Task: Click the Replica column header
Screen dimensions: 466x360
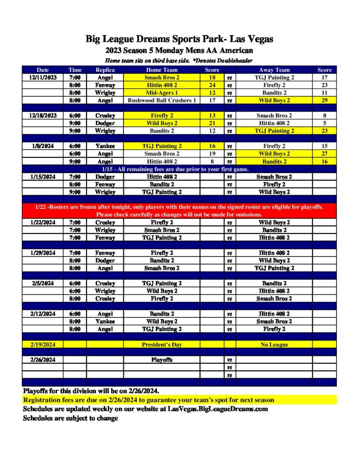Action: (105, 70)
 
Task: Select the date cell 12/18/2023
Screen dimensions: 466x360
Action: (42, 116)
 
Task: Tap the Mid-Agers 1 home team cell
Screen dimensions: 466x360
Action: (162, 93)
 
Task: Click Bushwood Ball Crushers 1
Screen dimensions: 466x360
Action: (162, 100)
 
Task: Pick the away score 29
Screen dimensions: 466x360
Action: (325, 100)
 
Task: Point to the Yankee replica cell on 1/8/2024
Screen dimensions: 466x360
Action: (105, 146)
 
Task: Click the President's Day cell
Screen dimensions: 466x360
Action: (162, 344)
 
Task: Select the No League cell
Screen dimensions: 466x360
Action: (274, 344)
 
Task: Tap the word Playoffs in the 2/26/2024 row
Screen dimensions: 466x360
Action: (162, 360)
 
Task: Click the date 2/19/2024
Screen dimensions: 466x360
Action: (42, 344)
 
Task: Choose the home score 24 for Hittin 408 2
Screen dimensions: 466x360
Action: (212, 85)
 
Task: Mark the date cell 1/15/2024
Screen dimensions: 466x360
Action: (42, 177)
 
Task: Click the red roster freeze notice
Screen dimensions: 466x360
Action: (179, 211)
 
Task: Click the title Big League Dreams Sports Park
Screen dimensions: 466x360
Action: (179, 39)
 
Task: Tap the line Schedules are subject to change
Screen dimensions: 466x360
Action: (71, 418)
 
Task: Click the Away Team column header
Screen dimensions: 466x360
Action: (274, 70)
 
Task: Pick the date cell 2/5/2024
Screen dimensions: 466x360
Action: (42, 283)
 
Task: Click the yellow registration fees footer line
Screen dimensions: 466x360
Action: (148, 400)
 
